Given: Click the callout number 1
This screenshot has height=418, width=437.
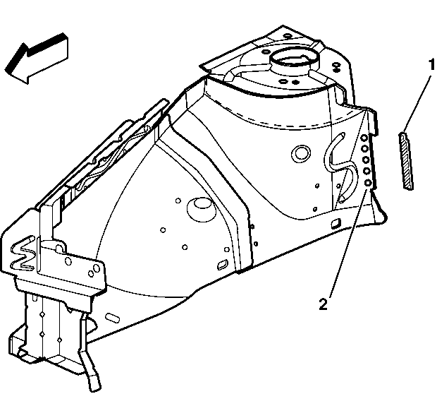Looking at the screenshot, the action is point(431,64).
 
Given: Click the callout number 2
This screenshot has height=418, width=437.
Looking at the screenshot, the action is point(324,304).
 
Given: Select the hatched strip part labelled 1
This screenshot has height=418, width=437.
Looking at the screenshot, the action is point(406,162).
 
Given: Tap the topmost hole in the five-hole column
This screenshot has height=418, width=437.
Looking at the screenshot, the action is point(364,138).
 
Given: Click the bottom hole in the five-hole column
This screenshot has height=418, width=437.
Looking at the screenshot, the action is point(368,183).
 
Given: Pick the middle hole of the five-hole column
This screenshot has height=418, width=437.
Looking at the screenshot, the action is point(366,160).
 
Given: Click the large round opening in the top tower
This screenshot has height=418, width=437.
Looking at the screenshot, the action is point(293,58).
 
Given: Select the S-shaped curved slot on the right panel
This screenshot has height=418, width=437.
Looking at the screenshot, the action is point(340,167).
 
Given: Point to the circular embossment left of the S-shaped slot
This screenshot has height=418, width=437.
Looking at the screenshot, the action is point(300,153).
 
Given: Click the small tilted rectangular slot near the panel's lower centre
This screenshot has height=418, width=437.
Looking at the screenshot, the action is point(222,265).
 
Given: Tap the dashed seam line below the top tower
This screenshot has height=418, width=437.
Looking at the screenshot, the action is point(281,122).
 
